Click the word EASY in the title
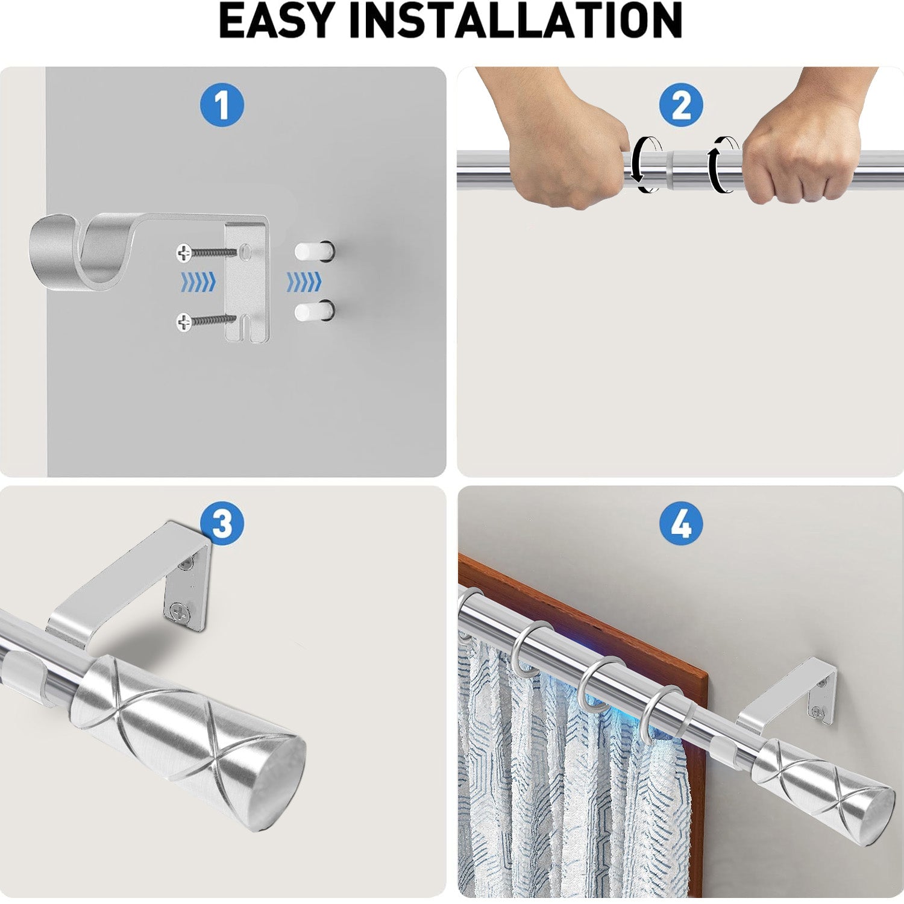pos(277,21)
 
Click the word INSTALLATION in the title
pos(515,21)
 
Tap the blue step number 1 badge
pos(222,105)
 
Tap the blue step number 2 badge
pos(681,105)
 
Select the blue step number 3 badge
pos(222,523)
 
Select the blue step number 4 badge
pos(681,523)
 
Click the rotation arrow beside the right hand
pos(722,164)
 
